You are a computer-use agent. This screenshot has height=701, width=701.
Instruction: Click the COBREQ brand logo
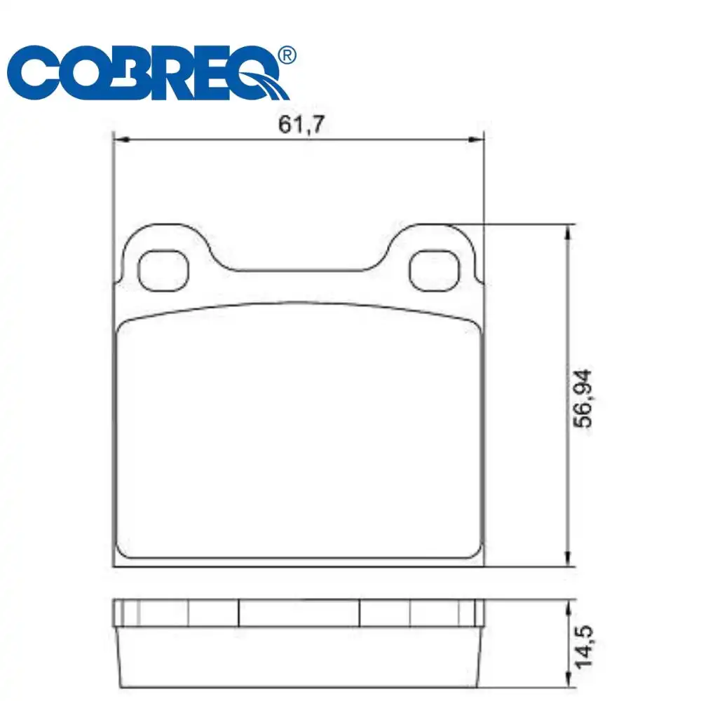coord(151,72)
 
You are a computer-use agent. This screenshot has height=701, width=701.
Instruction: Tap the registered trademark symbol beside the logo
coord(287,55)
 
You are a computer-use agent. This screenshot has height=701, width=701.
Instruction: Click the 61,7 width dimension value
coord(301,124)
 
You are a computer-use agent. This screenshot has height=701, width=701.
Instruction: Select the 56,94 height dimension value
coord(583,399)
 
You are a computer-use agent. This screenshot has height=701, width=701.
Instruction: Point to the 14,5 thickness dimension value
coord(583,647)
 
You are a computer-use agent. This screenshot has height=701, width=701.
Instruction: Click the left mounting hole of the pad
coord(163,271)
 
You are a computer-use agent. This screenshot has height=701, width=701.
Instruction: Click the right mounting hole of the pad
coord(435,271)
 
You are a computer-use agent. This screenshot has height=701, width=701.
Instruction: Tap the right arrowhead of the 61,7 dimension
coord(476,140)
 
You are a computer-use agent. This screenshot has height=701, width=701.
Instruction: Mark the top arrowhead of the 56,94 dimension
coord(568,232)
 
